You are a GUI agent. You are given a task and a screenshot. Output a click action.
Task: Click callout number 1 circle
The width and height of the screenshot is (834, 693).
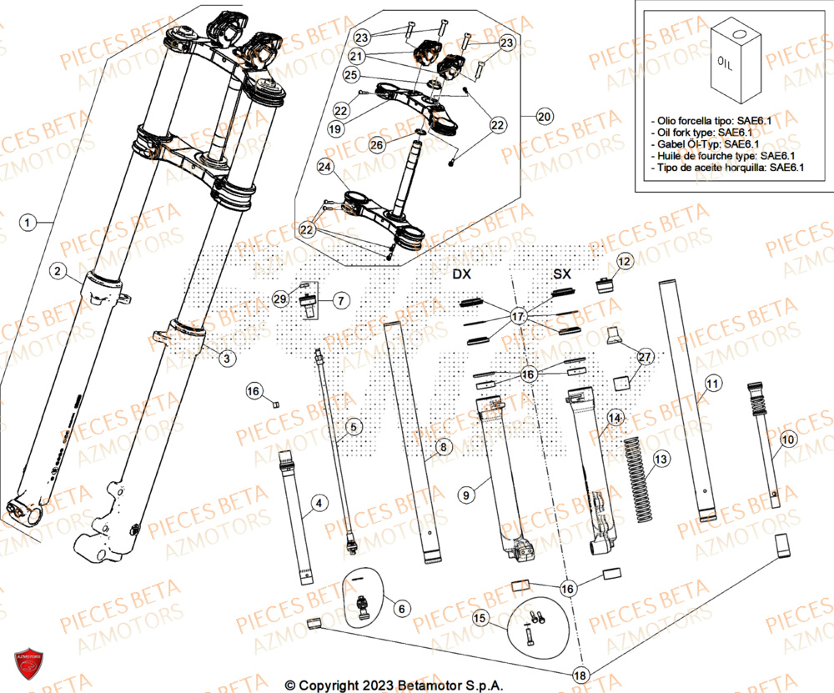28,223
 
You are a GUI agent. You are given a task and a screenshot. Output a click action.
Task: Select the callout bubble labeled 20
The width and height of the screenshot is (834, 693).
544,116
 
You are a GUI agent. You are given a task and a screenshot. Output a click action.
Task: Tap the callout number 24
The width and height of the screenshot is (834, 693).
324,168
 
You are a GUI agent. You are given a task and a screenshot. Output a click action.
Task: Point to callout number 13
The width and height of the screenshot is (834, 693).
661,459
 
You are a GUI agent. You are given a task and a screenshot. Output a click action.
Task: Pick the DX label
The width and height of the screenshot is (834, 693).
461,274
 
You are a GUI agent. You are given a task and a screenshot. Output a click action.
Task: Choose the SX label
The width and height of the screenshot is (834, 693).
562,274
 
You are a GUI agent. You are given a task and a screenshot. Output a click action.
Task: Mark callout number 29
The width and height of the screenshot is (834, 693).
280,299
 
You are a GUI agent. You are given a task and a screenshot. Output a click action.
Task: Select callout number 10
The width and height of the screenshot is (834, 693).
788,438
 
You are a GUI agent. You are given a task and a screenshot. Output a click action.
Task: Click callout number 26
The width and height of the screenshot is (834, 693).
377,144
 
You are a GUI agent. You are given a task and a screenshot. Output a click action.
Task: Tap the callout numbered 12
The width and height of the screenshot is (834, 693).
625,262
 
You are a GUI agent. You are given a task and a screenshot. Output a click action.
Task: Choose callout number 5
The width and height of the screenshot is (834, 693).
354,427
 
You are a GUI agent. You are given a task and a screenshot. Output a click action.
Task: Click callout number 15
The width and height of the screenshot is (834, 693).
480,618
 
